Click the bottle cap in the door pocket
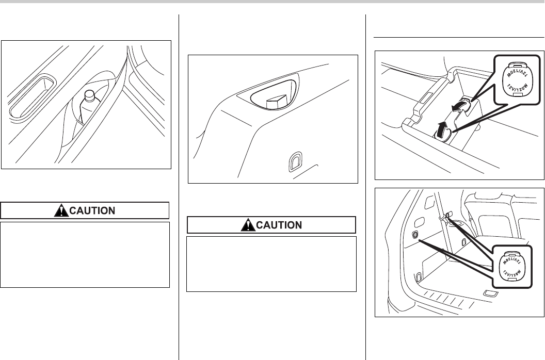coord(88,95)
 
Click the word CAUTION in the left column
coord(92,210)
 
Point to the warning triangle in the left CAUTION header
coord(60,210)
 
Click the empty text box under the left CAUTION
coord(85,254)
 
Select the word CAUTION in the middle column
coord(278,225)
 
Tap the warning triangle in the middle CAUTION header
coord(247,225)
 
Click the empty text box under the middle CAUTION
coord(271,264)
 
